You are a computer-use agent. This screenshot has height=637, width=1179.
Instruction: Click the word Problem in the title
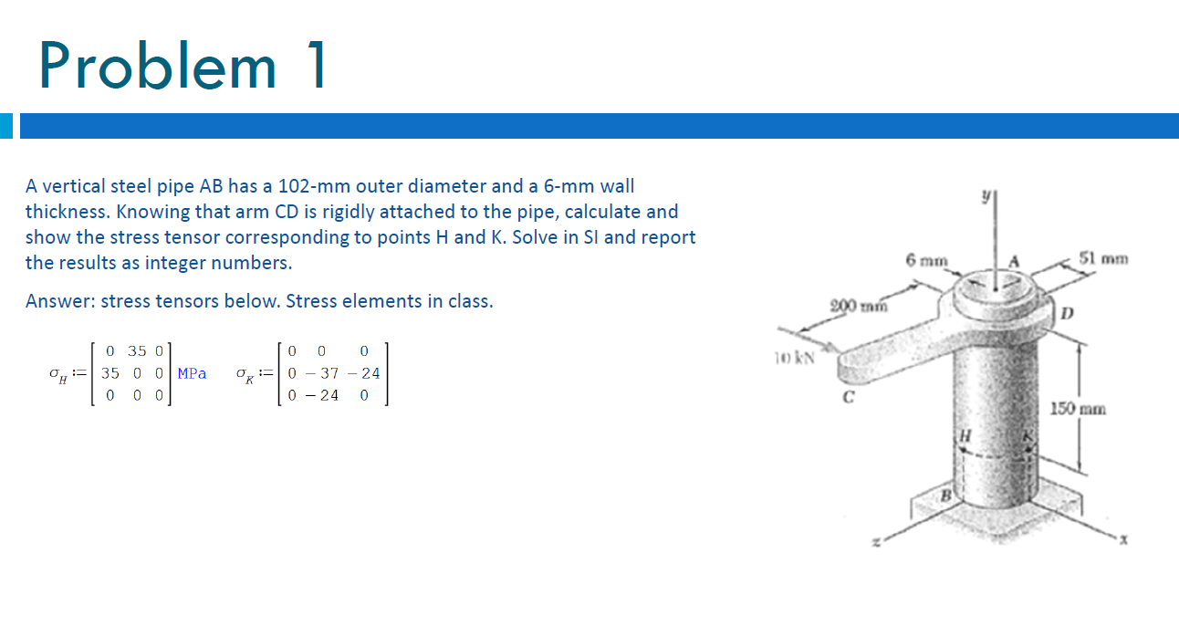coord(157,66)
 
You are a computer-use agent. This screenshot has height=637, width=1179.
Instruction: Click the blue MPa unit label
coord(192,373)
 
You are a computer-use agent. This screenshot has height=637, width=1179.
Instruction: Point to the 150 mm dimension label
coord(1080,408)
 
